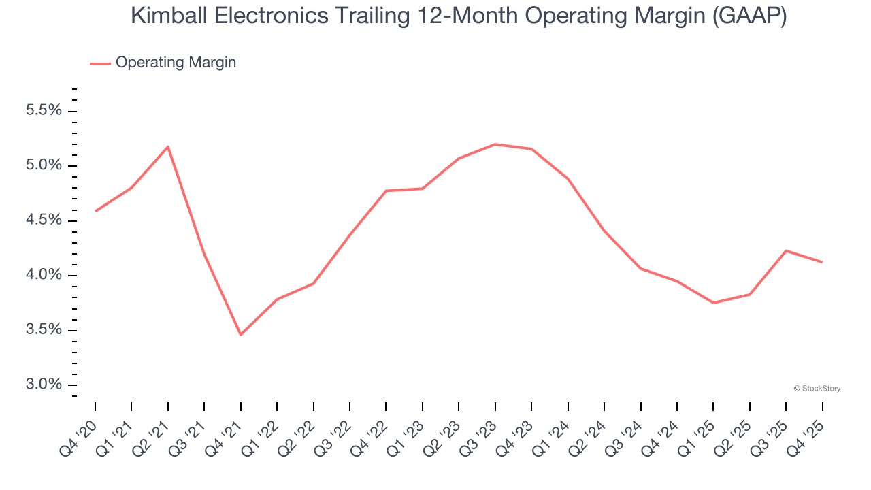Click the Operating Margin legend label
(x=176, y=63)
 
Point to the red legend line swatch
(x=100, y=63)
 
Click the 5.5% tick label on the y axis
(x=44, y=111)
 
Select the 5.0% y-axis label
(x=44, y=165)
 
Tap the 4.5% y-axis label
(x=44, y=220)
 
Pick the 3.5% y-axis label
(x=44, y=330)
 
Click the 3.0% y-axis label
(x=44, y=385)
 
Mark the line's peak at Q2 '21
(x=167, y=146)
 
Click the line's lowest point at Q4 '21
(x=240, y=335)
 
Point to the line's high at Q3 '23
(x=495, y=144)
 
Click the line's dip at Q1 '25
(x=713, y=303)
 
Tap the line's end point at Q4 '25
(x=822, y=262)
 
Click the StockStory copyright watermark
(x=817, y=389)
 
